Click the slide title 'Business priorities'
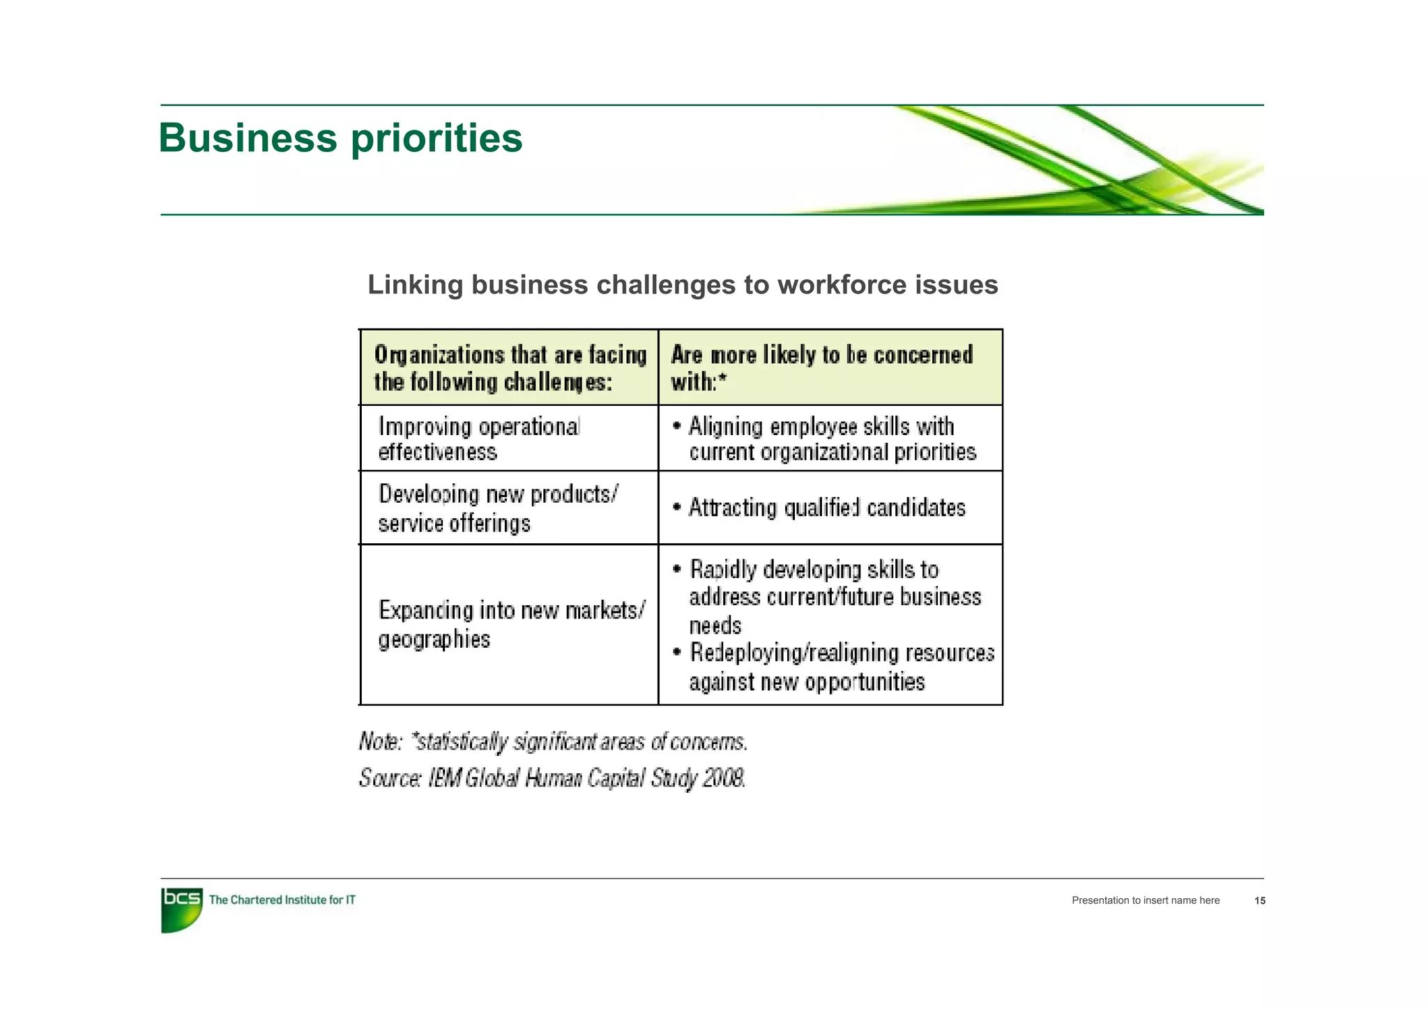tap(340, 138)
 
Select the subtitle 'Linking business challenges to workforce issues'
tap(683, 285)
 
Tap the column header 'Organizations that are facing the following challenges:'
tap(509, 368)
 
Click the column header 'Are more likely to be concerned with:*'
tap(821, 368)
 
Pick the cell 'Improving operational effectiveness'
tap(479, 439)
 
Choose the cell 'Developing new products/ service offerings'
tap(497, 508)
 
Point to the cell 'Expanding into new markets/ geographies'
tap(511, 624)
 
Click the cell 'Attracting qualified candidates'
tap(827, 508)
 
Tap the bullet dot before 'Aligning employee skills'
tap(676, 426)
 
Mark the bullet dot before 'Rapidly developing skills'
tap(676, 569)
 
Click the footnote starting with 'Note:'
tap(553, 741)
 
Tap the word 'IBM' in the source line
tap(444, 777)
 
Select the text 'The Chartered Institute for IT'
tap(282, 900)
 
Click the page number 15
tap(1259, 901)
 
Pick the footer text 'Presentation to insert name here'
tap(1146, 901)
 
